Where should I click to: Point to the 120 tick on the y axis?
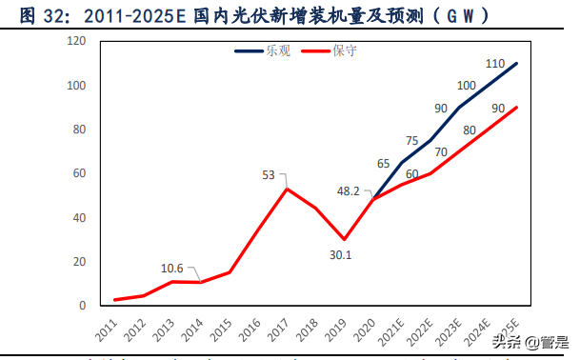[76, 42]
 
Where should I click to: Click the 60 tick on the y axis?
[79, 173]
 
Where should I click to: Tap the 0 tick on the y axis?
[83, 306]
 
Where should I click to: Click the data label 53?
[269, 175]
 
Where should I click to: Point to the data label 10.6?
[172, 270]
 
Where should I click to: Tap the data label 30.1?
[342, 253]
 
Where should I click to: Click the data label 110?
[494, 64]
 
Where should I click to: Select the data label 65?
[383, 137]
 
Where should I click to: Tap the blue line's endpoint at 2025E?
[517, 64]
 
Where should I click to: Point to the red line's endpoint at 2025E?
[517, 108]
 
